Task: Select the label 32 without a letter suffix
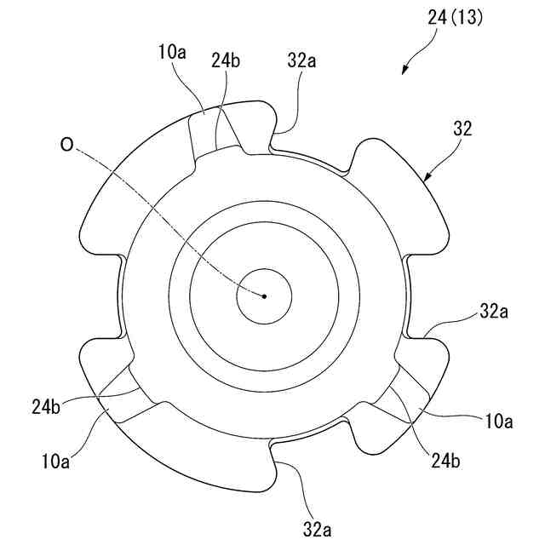pos(463,129)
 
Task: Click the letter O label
pos(66,146)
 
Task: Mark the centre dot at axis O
pos(264,296)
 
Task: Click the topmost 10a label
pos(171,52)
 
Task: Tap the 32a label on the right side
pos(493,312)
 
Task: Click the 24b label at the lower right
pos(446,462)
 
